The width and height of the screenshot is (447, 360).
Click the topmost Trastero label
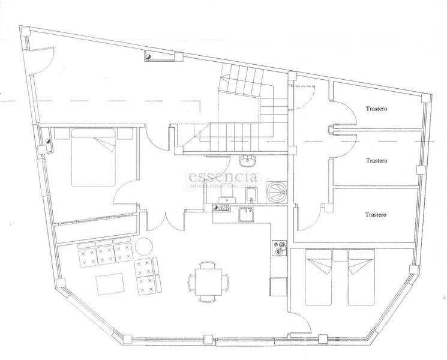(x=377, y=109)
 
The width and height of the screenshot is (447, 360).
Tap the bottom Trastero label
(x=376, y=214)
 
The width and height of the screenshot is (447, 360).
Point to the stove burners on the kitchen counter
(x=280, y=247)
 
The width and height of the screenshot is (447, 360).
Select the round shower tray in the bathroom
(x=277, y=193)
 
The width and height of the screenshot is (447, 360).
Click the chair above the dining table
(x=207, y=264)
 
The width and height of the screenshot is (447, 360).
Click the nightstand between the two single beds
(x=340, y=256)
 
